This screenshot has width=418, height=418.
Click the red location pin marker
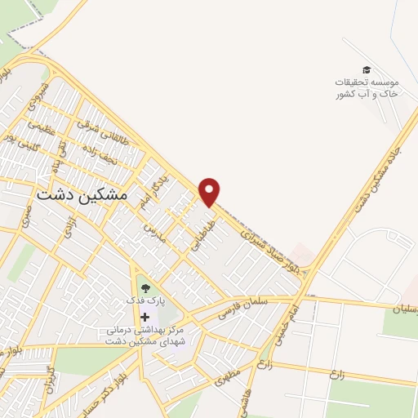(x=210, y=192)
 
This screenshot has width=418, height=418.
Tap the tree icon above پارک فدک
(x=145, y=287)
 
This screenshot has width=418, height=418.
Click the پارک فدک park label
(x=145, y=300)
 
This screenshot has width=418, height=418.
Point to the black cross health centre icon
(x=145, y=317)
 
